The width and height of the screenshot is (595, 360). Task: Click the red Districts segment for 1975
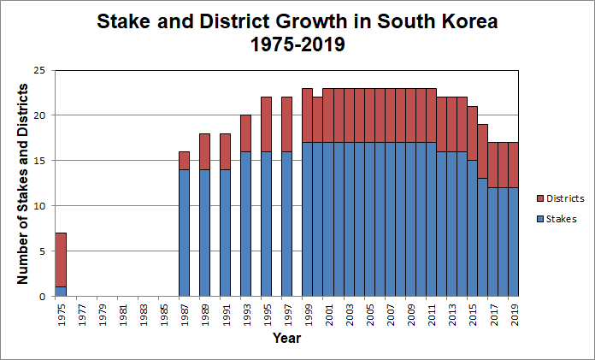(x=61, y=260)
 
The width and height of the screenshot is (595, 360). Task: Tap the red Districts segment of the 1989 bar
(x=205, y=151)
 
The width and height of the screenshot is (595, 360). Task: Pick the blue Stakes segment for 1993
(x=246, y=224)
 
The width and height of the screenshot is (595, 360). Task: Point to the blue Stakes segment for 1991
(x=226, y=233)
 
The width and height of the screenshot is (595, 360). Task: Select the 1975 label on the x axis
(x=61, y=315)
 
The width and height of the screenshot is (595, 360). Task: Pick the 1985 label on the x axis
(x=164, y=315)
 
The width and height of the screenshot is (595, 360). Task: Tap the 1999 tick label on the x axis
(x=308, y=315)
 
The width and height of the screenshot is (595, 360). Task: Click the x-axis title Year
(x=286, y=339)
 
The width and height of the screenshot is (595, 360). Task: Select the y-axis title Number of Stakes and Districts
(x=24, y=183)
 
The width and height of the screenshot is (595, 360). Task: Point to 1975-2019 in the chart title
(x=297, y=44)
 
